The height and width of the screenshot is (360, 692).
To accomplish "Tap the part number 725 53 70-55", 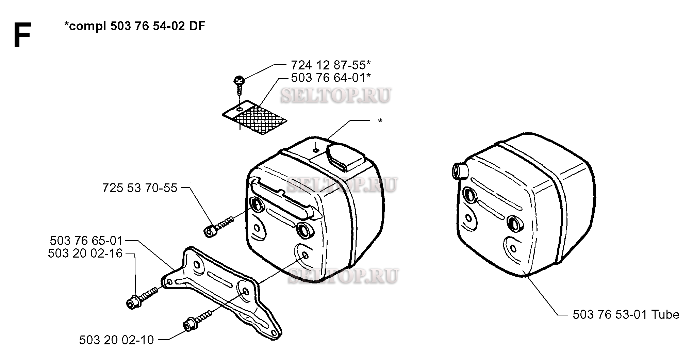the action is pyautogui.click(x=140, y=188).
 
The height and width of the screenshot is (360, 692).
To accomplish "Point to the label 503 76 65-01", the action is pyautogui.click(x=86, y=241).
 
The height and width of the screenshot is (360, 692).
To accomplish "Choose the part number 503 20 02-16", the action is pyautogui.click(x=85, y=253).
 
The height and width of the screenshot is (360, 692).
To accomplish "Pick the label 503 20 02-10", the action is pyautogui.click(x=116, y=340).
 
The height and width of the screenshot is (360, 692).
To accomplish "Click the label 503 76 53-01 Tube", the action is pyautogui.click(x=626, y=315).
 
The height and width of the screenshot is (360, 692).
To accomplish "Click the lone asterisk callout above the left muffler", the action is pyautogui.click(x=380, y=121).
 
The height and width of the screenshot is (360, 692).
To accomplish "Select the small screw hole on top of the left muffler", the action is pyautogui.click(x=316, y=150).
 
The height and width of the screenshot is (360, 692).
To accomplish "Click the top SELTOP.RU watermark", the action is pyautogui.click(x=335, y=95).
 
